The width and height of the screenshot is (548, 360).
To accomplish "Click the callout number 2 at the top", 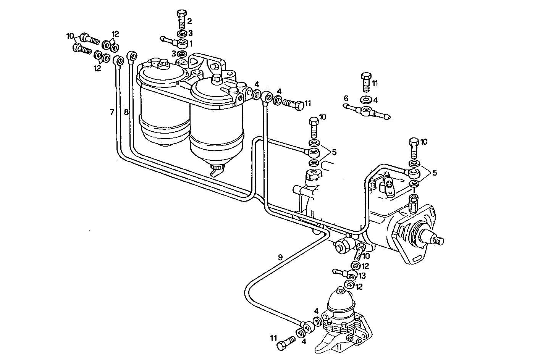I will [x=189, y=21].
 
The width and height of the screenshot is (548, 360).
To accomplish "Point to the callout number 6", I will [x=346, y=98].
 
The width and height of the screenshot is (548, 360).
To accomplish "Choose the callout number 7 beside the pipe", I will [x=112, y=112].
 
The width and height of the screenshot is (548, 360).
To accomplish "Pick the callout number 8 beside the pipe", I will [x=126, y=112].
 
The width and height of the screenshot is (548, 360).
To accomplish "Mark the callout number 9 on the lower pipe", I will [x=280, y=257].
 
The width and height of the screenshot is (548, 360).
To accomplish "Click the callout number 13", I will [x=362, y=276].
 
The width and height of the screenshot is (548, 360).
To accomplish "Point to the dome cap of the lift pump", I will [x=341, y=296].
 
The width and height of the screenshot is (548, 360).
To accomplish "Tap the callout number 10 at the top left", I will [x=70, y=36].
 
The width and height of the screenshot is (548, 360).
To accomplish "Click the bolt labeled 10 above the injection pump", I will [x=414, y=147].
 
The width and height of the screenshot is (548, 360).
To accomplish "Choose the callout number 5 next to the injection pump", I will [x=434, y=173].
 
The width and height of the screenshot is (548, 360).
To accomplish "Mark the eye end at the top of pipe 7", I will [x=118, y=60].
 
